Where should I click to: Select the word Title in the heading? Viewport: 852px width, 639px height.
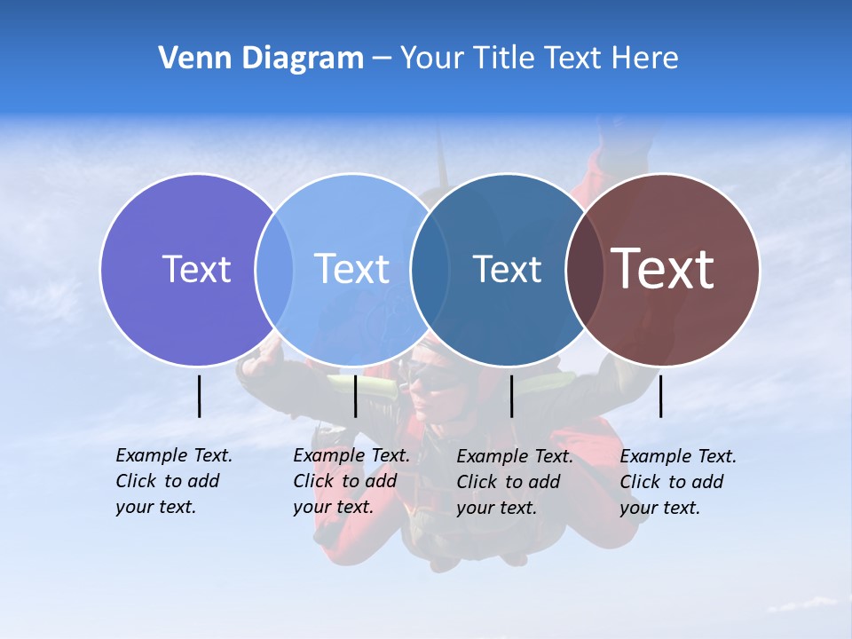[507, 59]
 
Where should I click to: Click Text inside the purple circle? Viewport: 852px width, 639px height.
[196, 269]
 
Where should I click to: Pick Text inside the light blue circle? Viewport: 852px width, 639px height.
[351, 269]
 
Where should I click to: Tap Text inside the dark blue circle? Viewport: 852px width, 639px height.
[507, 269]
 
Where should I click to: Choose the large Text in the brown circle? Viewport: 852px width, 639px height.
[663, 269]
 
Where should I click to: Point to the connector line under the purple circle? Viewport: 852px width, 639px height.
[199, 396]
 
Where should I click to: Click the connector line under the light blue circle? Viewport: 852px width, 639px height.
[355, 396]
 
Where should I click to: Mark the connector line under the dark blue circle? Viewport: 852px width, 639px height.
[511, 396]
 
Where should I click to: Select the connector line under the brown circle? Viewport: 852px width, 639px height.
[660, 396]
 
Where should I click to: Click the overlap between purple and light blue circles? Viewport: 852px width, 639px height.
[274, 269]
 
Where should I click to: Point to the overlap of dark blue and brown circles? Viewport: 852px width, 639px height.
[585, 269]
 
